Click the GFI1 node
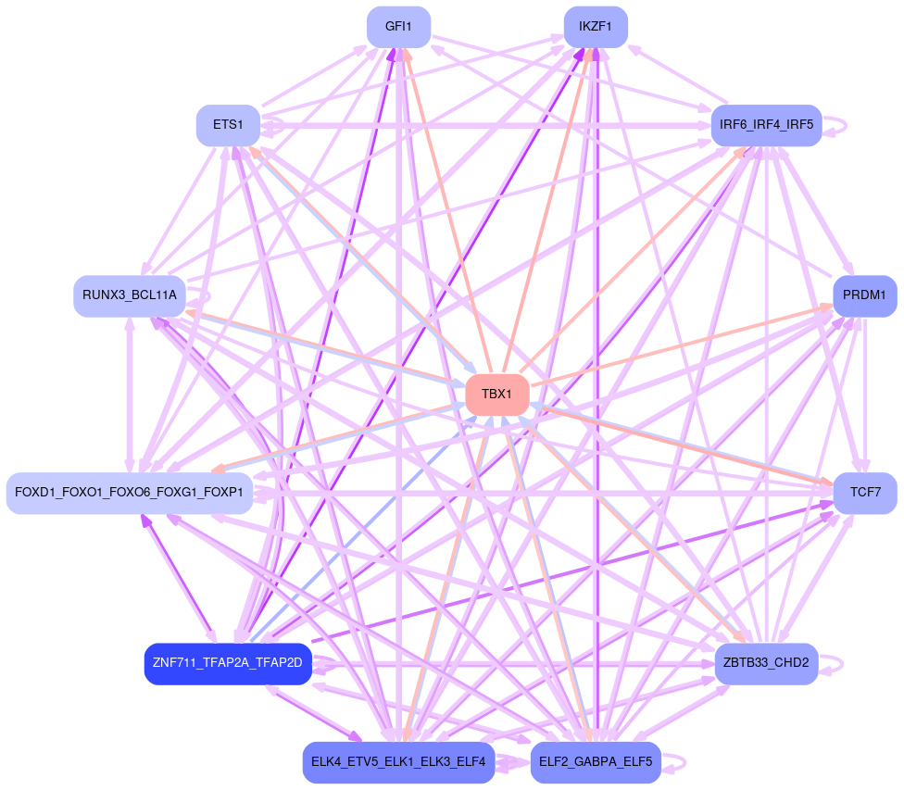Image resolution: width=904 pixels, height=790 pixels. click(398, 27)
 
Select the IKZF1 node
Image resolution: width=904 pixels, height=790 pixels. click(596, 27)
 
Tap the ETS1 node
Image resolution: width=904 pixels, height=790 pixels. click(228, 125)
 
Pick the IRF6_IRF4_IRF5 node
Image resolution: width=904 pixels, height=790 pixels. click(766, 125)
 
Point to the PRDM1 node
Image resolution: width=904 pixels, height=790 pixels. click(865, 295)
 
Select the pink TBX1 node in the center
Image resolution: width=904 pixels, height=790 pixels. click(496, 395)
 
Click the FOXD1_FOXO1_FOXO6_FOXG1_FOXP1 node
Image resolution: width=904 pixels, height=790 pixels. click(129, 492)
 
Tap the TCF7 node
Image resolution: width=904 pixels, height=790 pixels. click(865, 492)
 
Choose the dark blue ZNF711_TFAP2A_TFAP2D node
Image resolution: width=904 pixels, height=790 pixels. click(228, 664)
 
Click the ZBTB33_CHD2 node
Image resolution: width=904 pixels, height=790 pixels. click(766, 663)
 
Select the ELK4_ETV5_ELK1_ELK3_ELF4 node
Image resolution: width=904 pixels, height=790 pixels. click(398, 762)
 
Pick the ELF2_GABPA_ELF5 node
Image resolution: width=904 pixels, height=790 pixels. click(596, 762)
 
